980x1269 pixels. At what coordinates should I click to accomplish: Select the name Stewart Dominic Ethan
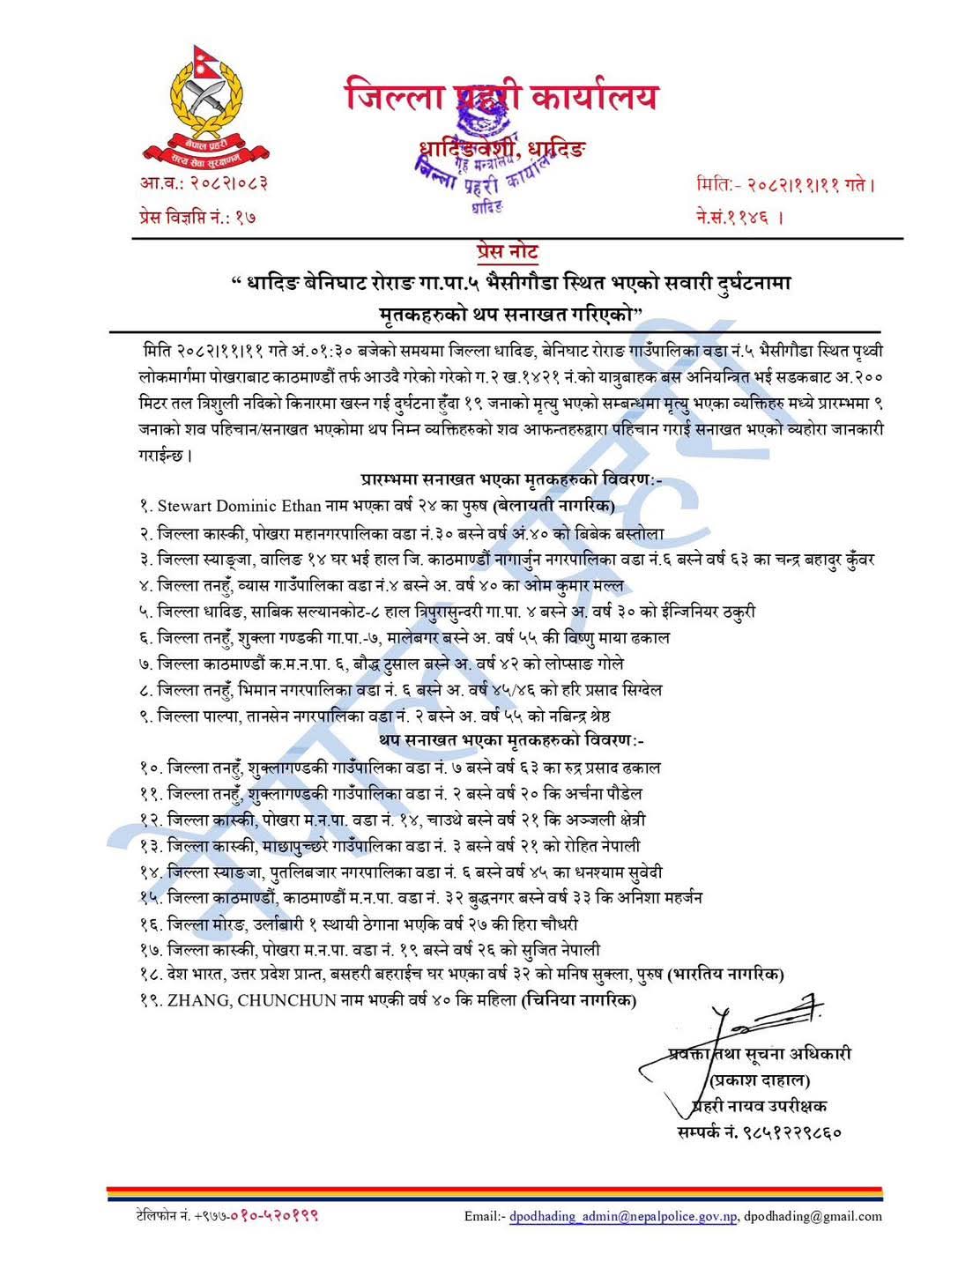pos(227,506)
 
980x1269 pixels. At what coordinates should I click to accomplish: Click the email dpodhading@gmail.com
pos(813,1216)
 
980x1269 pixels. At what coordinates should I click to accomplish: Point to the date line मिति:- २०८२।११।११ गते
pos(784,185)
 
